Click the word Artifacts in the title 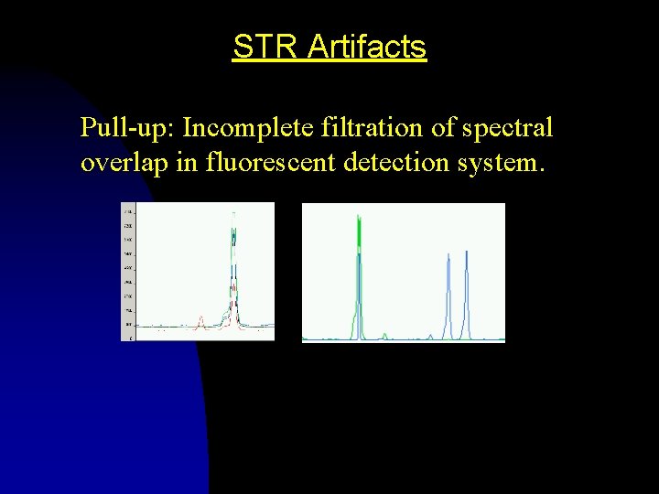(367, 46)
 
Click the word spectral (507, 128)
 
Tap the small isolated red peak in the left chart (200, 319)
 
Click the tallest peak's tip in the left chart (234, 214)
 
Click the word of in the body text (443, 127)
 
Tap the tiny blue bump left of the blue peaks (430, 336)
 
